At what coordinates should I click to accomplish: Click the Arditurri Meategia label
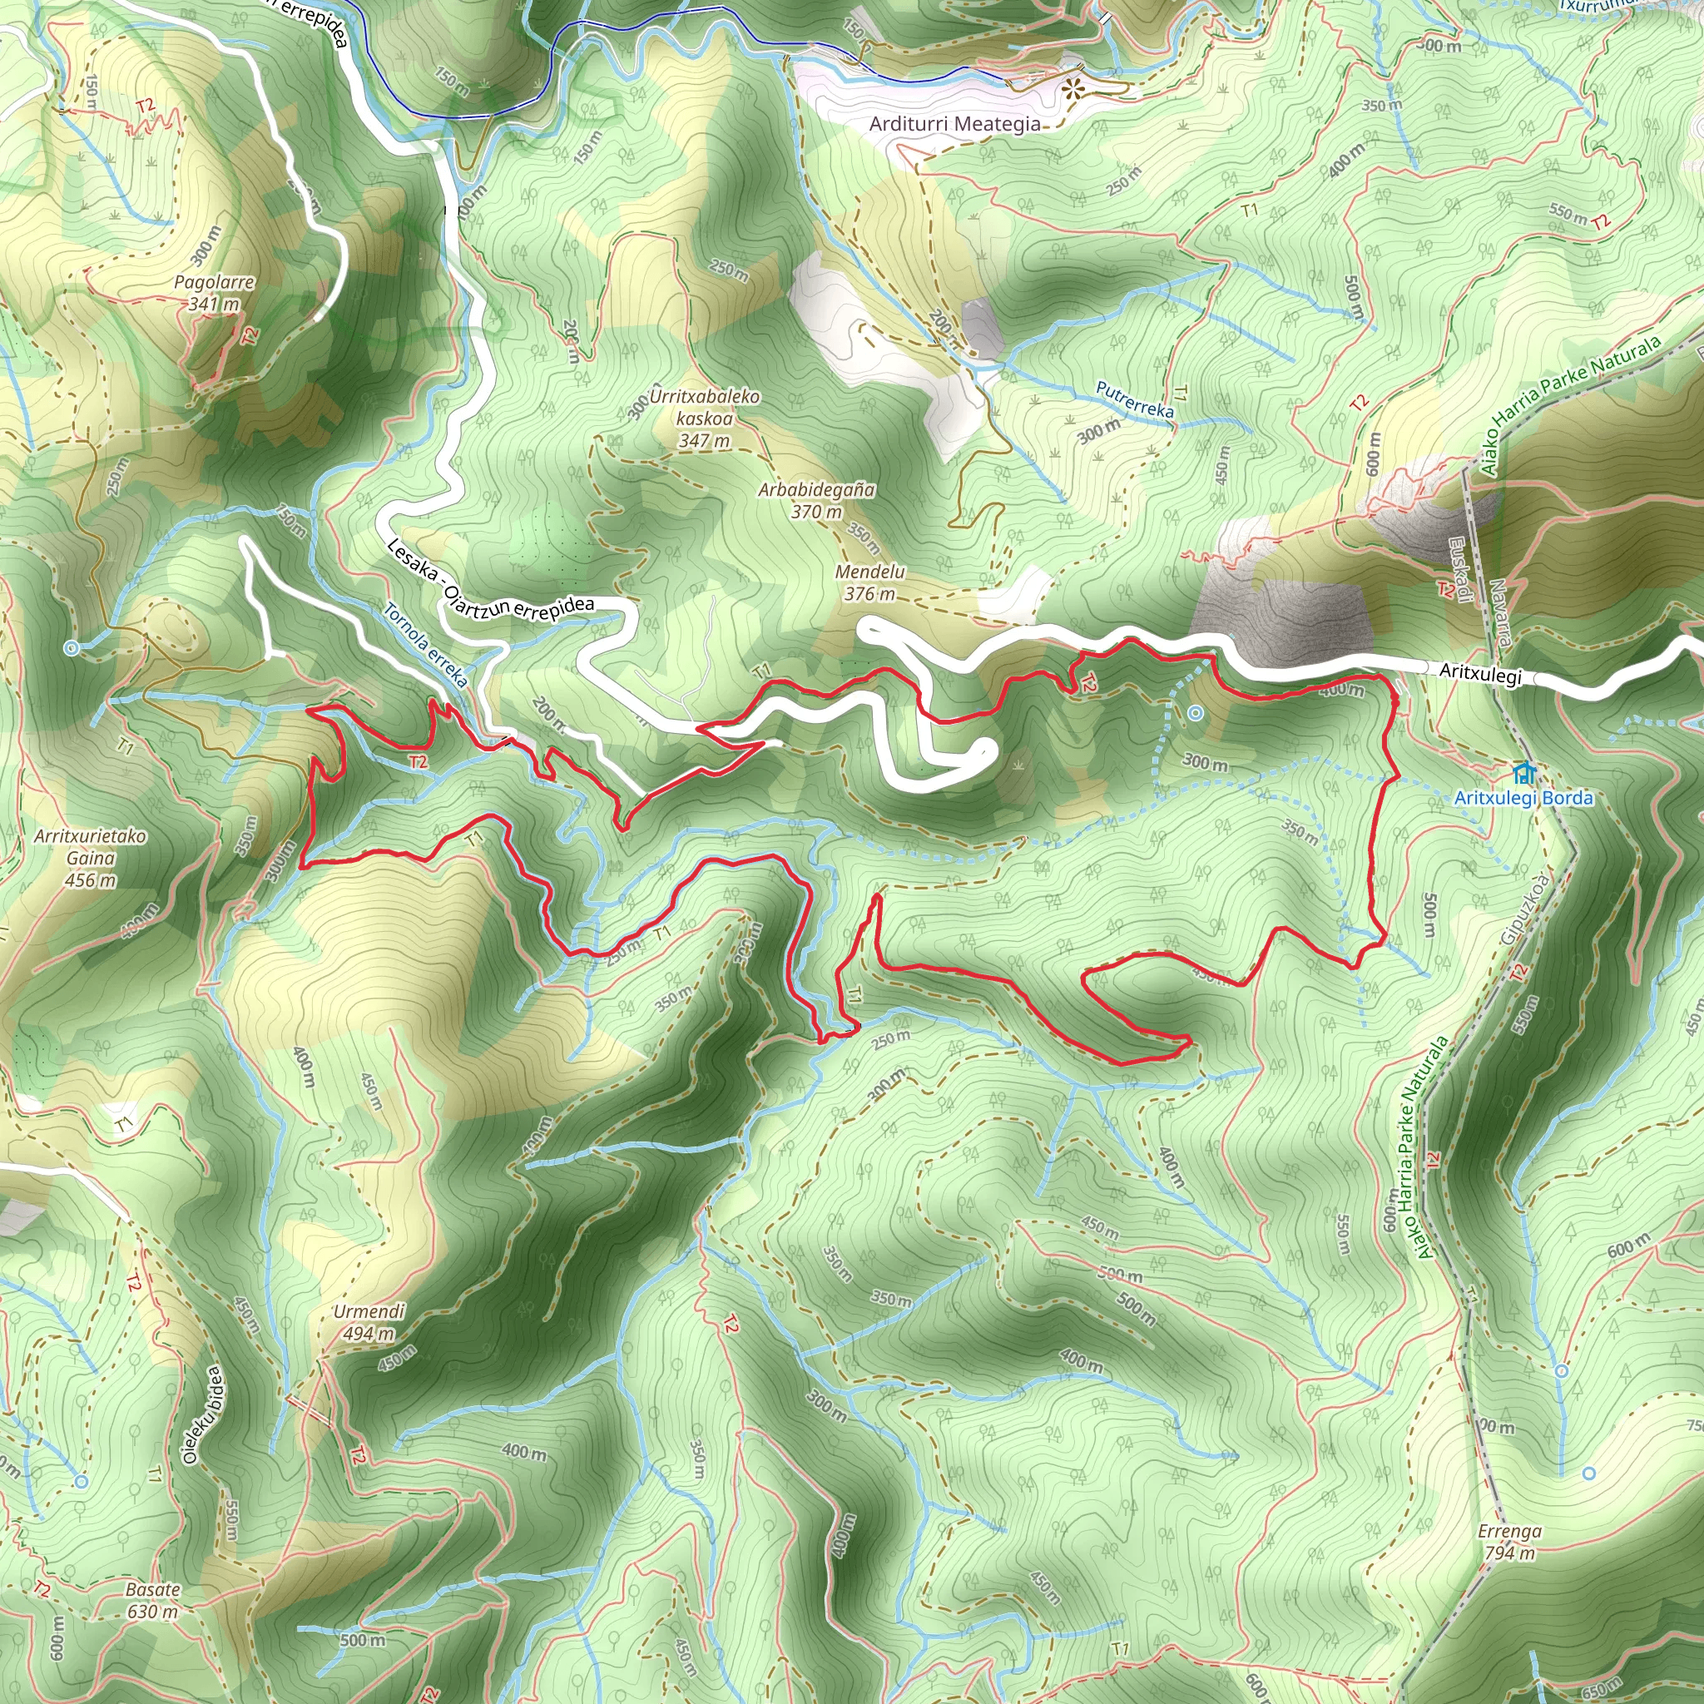(954, 124)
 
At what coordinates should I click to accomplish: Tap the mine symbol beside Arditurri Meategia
(1072, 88)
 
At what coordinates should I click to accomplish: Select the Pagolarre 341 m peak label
(215, 293)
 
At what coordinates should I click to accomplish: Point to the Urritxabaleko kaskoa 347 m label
(705, 418)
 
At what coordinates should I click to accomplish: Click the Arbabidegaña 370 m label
(817, 500)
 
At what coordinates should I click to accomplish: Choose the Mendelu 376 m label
(869, 583)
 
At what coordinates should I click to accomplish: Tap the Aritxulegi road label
(1480, 673)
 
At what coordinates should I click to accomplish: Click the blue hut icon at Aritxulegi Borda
(1523, 775)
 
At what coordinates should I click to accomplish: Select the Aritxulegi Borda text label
(1523, 798)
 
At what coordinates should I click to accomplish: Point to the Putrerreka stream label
(1134, 399)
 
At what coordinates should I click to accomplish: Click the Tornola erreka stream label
(427, 645)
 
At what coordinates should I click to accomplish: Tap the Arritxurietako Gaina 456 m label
(90, 857)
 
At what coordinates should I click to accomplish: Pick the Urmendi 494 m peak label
(369, 1322)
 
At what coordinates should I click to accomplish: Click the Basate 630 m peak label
(152, 1600)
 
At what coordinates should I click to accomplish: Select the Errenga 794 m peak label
(1510, 1541)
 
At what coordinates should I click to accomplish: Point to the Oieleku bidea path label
(203, 1415)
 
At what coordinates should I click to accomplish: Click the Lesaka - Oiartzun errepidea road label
(490, 583)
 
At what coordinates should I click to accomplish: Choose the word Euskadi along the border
(1460, 570)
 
